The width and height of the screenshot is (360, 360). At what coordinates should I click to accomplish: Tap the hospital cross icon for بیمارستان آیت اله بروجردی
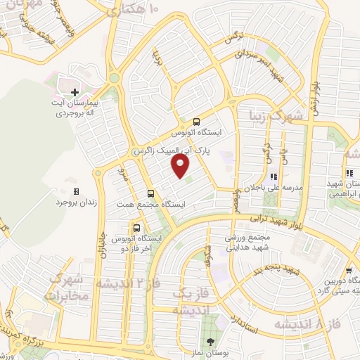(x=75, y=91)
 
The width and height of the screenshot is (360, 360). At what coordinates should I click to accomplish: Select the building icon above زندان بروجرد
(x=76, y=191)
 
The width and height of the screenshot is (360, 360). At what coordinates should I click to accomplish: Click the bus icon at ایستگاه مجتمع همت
(x=150, y=193)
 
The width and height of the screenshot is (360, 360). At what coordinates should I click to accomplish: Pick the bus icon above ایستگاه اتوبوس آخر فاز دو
(x=136, y=228)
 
